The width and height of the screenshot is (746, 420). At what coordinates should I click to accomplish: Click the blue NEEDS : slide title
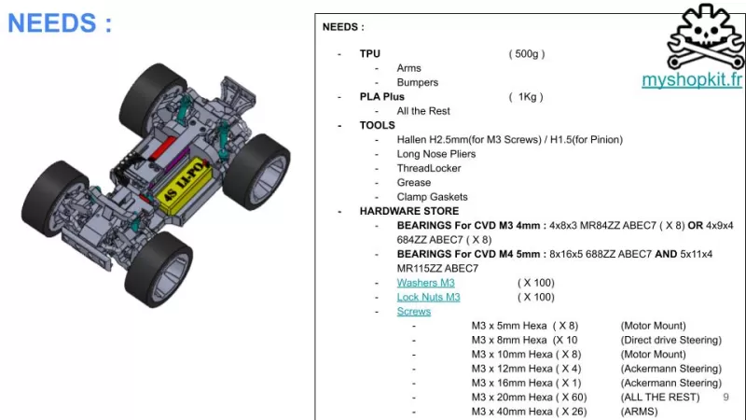point(60,22)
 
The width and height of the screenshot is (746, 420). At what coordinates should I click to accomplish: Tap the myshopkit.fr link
point(691,80)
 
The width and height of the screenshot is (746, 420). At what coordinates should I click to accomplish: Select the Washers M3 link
point(425,283)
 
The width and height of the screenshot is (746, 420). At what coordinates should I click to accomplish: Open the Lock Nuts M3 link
point(428,297)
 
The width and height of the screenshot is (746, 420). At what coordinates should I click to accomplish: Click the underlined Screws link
point(413,312)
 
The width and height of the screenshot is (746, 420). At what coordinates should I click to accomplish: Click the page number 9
point(725,397)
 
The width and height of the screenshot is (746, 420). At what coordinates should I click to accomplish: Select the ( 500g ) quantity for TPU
point(527,54)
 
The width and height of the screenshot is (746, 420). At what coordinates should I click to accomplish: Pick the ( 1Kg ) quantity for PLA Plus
point(526,97)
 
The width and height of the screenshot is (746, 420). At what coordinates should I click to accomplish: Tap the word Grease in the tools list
point(414,183)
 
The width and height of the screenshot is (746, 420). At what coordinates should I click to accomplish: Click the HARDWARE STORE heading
point(403,211)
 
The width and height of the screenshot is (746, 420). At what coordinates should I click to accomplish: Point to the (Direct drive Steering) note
point(670,341)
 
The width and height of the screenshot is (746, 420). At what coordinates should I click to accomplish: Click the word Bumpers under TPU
point(417,82)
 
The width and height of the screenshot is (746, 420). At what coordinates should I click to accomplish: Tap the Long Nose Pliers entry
point(436,154)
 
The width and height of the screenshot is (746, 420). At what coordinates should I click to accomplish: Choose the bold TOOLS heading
point(377,125)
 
